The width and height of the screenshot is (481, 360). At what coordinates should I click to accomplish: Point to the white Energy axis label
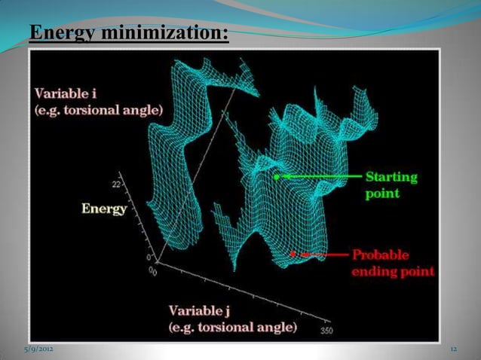[104, 209]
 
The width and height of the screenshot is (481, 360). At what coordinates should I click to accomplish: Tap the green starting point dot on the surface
[277, 177]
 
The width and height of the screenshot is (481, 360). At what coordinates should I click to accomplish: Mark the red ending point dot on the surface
[294, 255]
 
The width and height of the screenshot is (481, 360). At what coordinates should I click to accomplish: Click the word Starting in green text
[391, 178]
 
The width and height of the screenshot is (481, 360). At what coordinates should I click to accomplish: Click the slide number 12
[453, 350]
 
